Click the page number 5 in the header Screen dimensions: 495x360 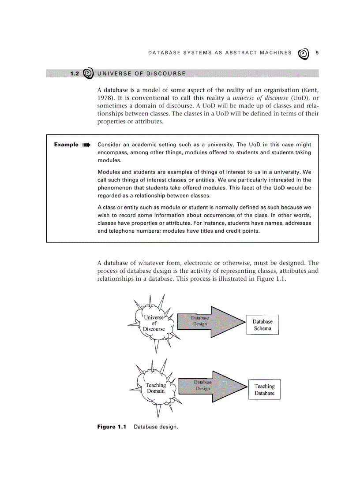pyautogui.click(x=317, y=53)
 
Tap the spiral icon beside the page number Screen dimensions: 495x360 pyautogui.click(x=304, y=53)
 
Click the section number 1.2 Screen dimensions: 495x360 pyautogui.click(x=74, y=74)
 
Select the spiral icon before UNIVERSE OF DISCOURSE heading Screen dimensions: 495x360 pyautogui.click(x=88, y=73)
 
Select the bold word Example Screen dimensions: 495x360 pyautogui.click(x=66, y=145)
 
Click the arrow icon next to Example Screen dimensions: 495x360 pyautogui.click(x=86, y=145)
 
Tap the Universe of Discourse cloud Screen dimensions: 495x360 pyautogui.click(x=154, y=324)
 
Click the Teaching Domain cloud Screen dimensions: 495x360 pyautogui.click(x=155, y=388)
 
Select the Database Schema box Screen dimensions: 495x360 pyautogui.click(x=262, y=325)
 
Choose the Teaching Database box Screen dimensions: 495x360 pyautogui.click(x=264, y=390)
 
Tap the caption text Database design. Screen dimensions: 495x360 pyautogui.click(x=156, y=427)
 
